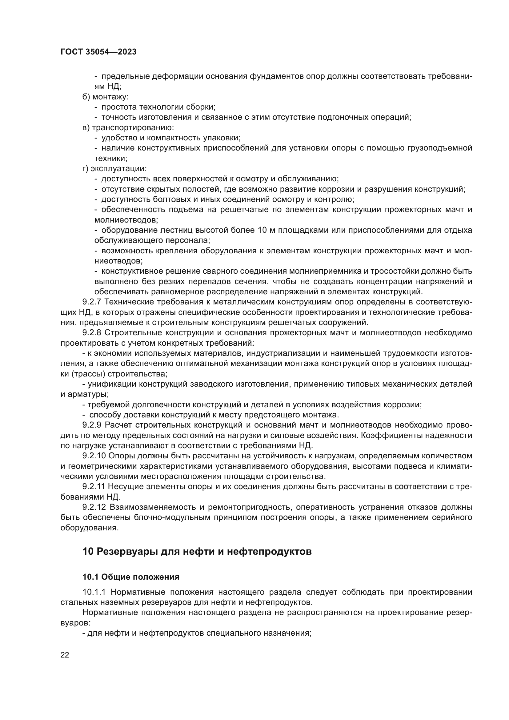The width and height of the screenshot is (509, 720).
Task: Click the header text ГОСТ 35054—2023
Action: [98, 52]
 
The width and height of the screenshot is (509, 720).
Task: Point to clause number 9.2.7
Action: [92, 302]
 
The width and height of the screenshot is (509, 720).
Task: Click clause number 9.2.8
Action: [92, 333]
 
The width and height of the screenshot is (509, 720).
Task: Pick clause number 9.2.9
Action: [92, 425]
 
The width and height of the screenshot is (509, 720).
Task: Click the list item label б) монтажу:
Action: [105, 97]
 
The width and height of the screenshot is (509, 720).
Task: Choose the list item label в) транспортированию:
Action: [128, 128]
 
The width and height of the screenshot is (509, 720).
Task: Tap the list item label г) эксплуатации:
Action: [114, 169]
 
